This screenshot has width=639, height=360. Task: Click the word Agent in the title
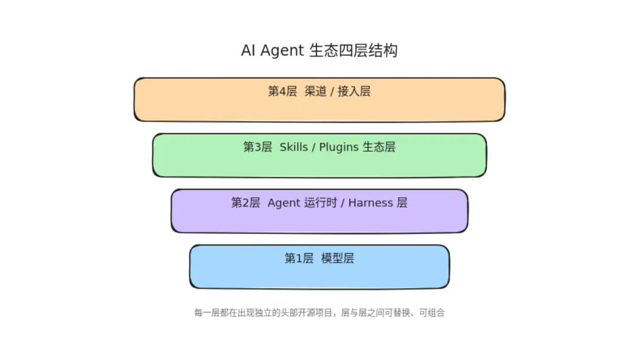coord(282,51)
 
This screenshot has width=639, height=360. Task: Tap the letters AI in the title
coord(248,50)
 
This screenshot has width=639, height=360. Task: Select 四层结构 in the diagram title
coord(369,50)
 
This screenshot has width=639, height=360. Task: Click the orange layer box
coord(319,100)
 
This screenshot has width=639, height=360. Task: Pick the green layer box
coord(319,155)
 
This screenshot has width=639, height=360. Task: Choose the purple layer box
coord(319,211)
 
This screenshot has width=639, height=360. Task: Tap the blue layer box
coord(319,266)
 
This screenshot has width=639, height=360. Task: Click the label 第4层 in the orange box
coord(282,91)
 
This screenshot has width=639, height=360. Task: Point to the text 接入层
coord(354,91)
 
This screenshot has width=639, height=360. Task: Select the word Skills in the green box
coord(294,147)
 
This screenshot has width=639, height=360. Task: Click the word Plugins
coord(338,147)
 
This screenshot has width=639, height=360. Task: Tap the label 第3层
coord(257,147)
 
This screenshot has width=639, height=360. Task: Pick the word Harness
coord(371,202)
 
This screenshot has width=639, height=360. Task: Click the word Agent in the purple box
coord(284,203)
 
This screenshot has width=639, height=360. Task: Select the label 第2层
coord(246,202)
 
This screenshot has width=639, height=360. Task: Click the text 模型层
coord(338,258)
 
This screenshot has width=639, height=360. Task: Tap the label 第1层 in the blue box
coord(299,258)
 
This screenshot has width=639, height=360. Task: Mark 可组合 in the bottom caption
coord(432,313)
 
